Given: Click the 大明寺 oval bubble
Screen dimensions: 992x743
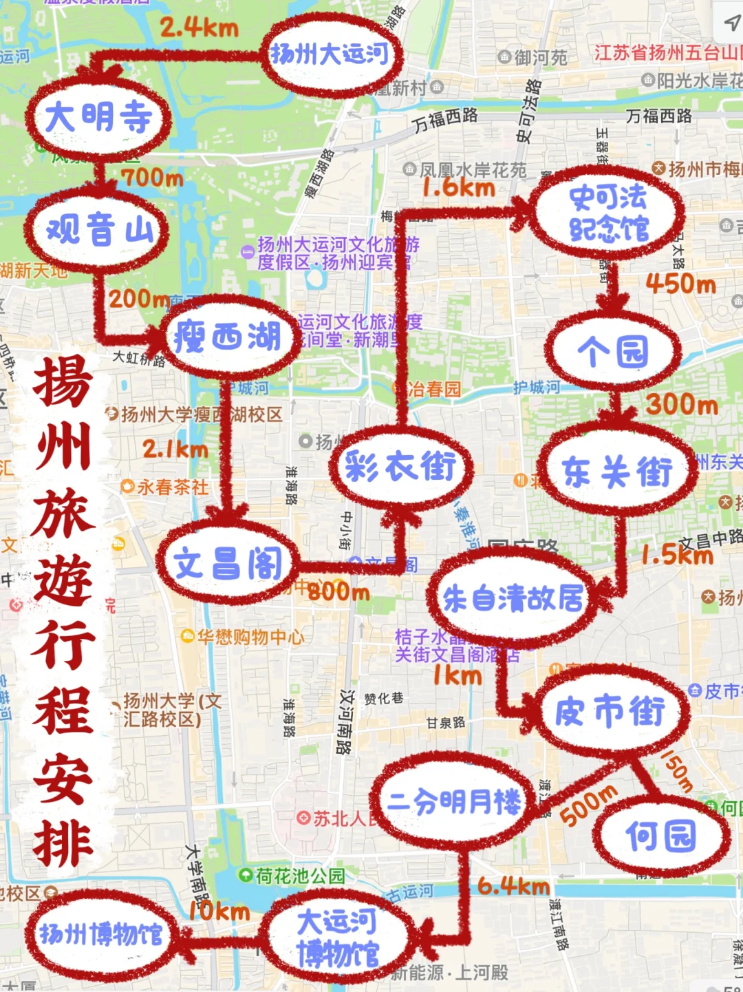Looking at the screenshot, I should click(x=98, y=116).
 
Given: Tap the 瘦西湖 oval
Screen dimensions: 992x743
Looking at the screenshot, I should click(x=228, y=337).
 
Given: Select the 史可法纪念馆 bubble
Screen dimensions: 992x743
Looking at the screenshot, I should click(x=608, y=213).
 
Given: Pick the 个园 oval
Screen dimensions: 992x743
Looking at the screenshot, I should click(x=613, y=352).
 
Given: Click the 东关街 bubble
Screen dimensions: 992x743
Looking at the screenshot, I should click(x=616, y=471).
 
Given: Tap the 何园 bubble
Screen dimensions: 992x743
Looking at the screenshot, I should click(x=660, y=836).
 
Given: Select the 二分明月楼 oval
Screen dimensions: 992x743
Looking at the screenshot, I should click(x=455, y=801).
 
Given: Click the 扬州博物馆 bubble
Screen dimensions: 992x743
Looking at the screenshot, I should click(x=101, y=934).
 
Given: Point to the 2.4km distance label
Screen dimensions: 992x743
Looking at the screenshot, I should click(x=199, y=28).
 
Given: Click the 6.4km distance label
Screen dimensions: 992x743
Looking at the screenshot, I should click(x=513, y=886).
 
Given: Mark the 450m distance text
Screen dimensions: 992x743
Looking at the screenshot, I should click(x=680, y=284).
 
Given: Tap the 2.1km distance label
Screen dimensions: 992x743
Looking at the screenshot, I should click(x=175, y=450).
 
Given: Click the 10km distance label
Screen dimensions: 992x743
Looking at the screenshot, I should click(x=219, y=911).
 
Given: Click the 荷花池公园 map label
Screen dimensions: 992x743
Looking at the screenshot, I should click(x=299, y=876).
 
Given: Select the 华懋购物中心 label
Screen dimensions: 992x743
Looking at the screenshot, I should click(x=250, y=637).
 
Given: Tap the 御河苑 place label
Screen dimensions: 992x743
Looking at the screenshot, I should click(x=541, y=58).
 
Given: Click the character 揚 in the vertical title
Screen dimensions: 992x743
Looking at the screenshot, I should click(x=63, y=383).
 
